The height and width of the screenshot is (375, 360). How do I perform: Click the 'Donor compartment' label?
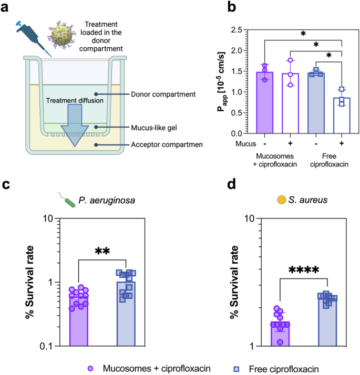click(x=163, y=95)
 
